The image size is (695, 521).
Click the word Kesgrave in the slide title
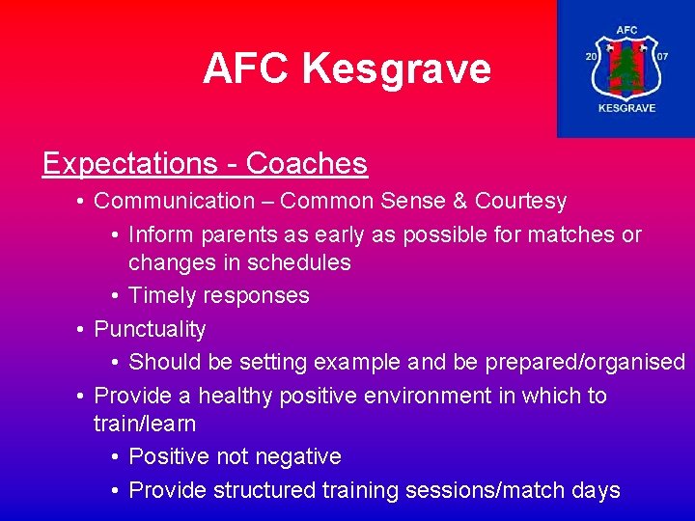point(396,69)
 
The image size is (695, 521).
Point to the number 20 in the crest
point(591,57)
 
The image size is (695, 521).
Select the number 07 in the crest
point(661,57)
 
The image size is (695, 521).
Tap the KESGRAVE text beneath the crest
point(626,108)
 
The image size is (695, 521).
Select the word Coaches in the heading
point(307,164)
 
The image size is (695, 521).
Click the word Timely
point(162,295)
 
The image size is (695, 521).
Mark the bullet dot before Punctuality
point(81,329)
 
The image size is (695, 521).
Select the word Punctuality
point(150,329)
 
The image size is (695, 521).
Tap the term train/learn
point(145,424)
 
